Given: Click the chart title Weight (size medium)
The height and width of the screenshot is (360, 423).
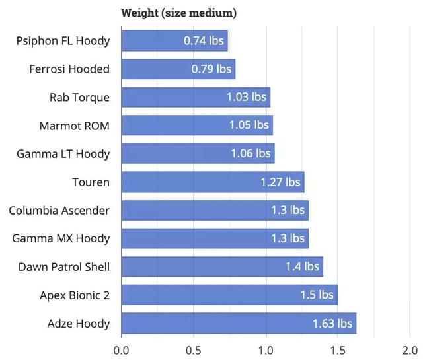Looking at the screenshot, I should [x=179, y=13].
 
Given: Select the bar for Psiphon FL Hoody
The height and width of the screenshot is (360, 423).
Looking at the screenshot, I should [x=152, y=41].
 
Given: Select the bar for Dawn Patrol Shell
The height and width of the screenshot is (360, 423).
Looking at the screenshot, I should [x=198, y=267].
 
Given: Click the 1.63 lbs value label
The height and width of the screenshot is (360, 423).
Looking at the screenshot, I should [x=332, y=324].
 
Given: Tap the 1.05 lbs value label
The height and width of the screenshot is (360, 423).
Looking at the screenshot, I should [x=249, y=126].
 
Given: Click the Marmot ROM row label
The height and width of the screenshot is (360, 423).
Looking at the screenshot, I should [x=75, y=126].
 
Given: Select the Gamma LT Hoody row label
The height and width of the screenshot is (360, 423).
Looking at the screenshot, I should [x=63, y=154].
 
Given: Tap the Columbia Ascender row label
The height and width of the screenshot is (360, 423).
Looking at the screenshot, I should [x=59, y=210].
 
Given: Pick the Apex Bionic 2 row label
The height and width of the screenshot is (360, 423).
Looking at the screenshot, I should [x=75, y=295].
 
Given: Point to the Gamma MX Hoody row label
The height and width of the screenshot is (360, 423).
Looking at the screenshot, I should [x=61, y=238].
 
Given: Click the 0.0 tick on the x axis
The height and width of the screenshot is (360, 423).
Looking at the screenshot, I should [x=122, y=349].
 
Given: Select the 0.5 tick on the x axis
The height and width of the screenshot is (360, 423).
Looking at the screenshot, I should [x=194, y=349].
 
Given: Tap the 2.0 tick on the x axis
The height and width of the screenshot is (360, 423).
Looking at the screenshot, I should [x=410, y=349].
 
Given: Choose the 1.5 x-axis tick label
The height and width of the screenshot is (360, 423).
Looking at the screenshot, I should [x=338, y=349].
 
